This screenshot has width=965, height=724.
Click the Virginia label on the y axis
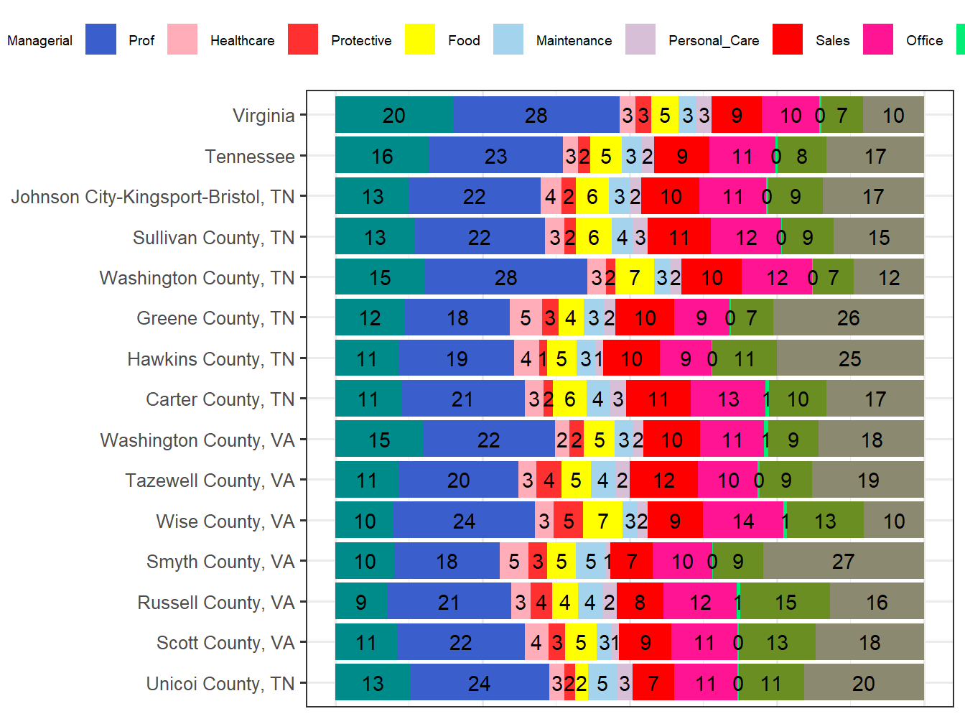point(264,116)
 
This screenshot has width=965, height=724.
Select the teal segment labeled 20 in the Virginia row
point(394,115)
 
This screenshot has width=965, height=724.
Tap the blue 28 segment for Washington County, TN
point(505,277)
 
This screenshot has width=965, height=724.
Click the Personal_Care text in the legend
point(714,41)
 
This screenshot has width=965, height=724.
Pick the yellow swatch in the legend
point(419,40)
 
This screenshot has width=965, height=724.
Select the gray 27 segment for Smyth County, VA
point(843,561)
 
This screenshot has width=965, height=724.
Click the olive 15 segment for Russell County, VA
point(785,602)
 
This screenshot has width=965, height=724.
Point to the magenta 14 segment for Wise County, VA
point(743,521)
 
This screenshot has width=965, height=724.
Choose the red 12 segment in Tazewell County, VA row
point(663,480)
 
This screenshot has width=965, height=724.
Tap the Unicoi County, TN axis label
point(220,684)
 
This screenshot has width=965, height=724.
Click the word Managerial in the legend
point(40,41)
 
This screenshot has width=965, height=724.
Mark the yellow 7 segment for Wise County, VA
point(602,521)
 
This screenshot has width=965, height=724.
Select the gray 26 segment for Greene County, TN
point(848,317)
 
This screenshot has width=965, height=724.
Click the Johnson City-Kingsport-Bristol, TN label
point(153,197)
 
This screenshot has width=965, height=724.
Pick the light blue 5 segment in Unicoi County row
point(602,683)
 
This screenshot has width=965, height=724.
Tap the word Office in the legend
point(924,41)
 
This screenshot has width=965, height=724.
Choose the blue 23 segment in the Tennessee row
point(495,156)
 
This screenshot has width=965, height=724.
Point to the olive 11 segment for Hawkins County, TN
point(744,358)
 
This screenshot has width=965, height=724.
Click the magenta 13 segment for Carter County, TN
point(728,399)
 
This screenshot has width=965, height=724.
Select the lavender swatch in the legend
point(640,40)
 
